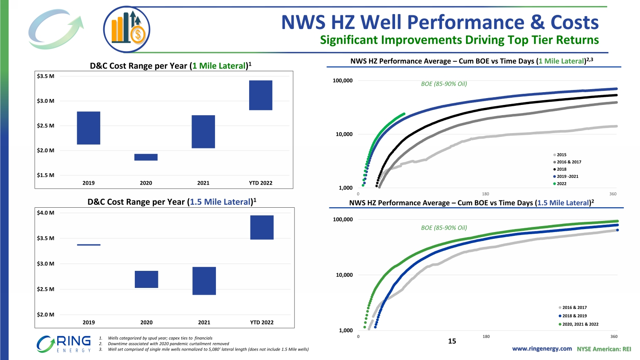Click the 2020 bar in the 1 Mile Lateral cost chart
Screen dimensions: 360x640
click(x=146, y=157)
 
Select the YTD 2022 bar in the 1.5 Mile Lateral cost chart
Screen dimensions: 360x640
click(x=262, y=227)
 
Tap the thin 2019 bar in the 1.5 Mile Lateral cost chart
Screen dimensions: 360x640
click(x=89, y=245)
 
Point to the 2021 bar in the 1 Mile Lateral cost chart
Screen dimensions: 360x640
click(x=203, y=132)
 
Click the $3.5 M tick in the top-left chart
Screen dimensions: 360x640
click(x=46, y=76)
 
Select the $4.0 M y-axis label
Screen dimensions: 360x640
click(x=46, y=213)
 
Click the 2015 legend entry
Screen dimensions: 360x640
click(x=561, y=155)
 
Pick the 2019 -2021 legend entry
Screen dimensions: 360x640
click(x=567, y=177)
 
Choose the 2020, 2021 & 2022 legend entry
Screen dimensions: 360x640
click(x=579, y=324)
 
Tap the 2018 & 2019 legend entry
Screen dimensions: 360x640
click(x=574, y=316)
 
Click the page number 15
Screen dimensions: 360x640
click(x=452, y=341)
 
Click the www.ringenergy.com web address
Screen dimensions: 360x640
click(x=542, y=349)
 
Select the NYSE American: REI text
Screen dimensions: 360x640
click(x=604, y=349)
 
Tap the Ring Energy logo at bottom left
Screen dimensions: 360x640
click(x=64, y=344)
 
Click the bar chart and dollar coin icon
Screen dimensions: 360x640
click(x=127, y=29)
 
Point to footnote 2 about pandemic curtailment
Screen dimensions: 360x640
click(x=168, y=344)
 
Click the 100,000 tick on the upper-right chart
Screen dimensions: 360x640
click(x=343, y=81)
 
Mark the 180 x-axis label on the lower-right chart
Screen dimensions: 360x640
click(x=486, y=337)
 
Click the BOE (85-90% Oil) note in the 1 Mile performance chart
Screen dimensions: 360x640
click(x=444, y=84)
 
